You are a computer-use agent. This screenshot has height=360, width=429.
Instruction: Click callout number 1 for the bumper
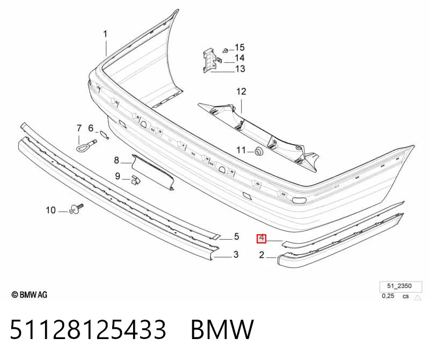[105, 34]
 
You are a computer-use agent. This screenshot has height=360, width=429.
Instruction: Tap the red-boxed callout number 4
[261, 239]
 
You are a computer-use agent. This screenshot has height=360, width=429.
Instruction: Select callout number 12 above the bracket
[241, 91]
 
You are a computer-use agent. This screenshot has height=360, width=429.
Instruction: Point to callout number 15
[239, 47]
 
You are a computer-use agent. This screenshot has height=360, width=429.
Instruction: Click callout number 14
[239, 58]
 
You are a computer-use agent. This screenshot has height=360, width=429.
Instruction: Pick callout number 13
[240, 69]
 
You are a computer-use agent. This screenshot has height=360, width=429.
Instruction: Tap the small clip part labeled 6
[104, 135]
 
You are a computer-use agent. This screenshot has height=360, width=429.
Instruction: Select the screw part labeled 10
[76, 209]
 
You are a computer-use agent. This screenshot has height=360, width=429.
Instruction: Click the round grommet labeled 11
[258, 151]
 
